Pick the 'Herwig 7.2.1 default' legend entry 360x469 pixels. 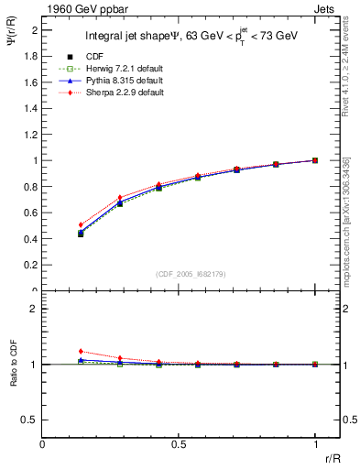(108, 69)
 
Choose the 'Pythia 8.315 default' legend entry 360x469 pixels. (108, 82)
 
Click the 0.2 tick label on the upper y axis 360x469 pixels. (30, 265)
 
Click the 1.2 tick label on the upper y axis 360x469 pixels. (30, 135)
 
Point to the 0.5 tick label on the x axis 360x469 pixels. (179, 445)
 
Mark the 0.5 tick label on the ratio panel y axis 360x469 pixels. (30, 420)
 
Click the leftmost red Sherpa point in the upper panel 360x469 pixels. (82, 224)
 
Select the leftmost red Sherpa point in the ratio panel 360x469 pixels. (82, 351)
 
